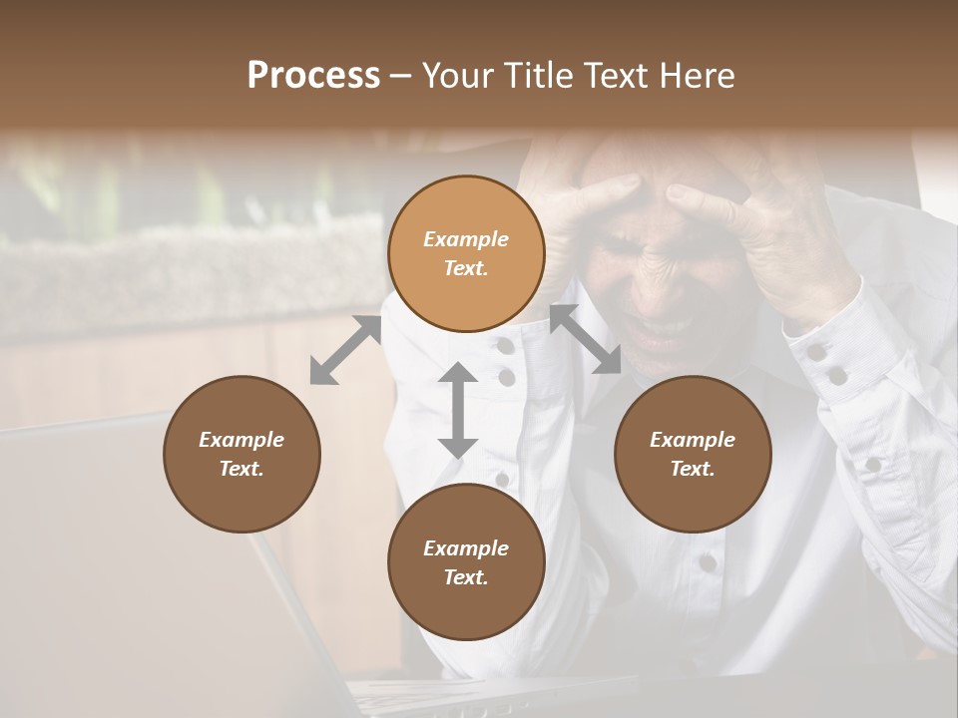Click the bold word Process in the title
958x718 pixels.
[313, 76]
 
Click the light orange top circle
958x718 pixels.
[466, 254]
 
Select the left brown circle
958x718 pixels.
[241, 454]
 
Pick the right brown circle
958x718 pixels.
[693, 454]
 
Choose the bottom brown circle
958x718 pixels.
[466, 562]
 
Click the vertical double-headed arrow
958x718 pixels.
[458, 410]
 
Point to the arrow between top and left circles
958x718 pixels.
[346, 350]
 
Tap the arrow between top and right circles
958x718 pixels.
[585, 339]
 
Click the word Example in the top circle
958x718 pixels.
[466, 239]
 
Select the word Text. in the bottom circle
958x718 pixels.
[466, 577]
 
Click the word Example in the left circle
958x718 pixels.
[241, 440]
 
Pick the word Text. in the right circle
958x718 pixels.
[693, 469]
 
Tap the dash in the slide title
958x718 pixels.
[401, 76]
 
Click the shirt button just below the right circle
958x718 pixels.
[708, 563]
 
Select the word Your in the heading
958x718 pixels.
[455, 76]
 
